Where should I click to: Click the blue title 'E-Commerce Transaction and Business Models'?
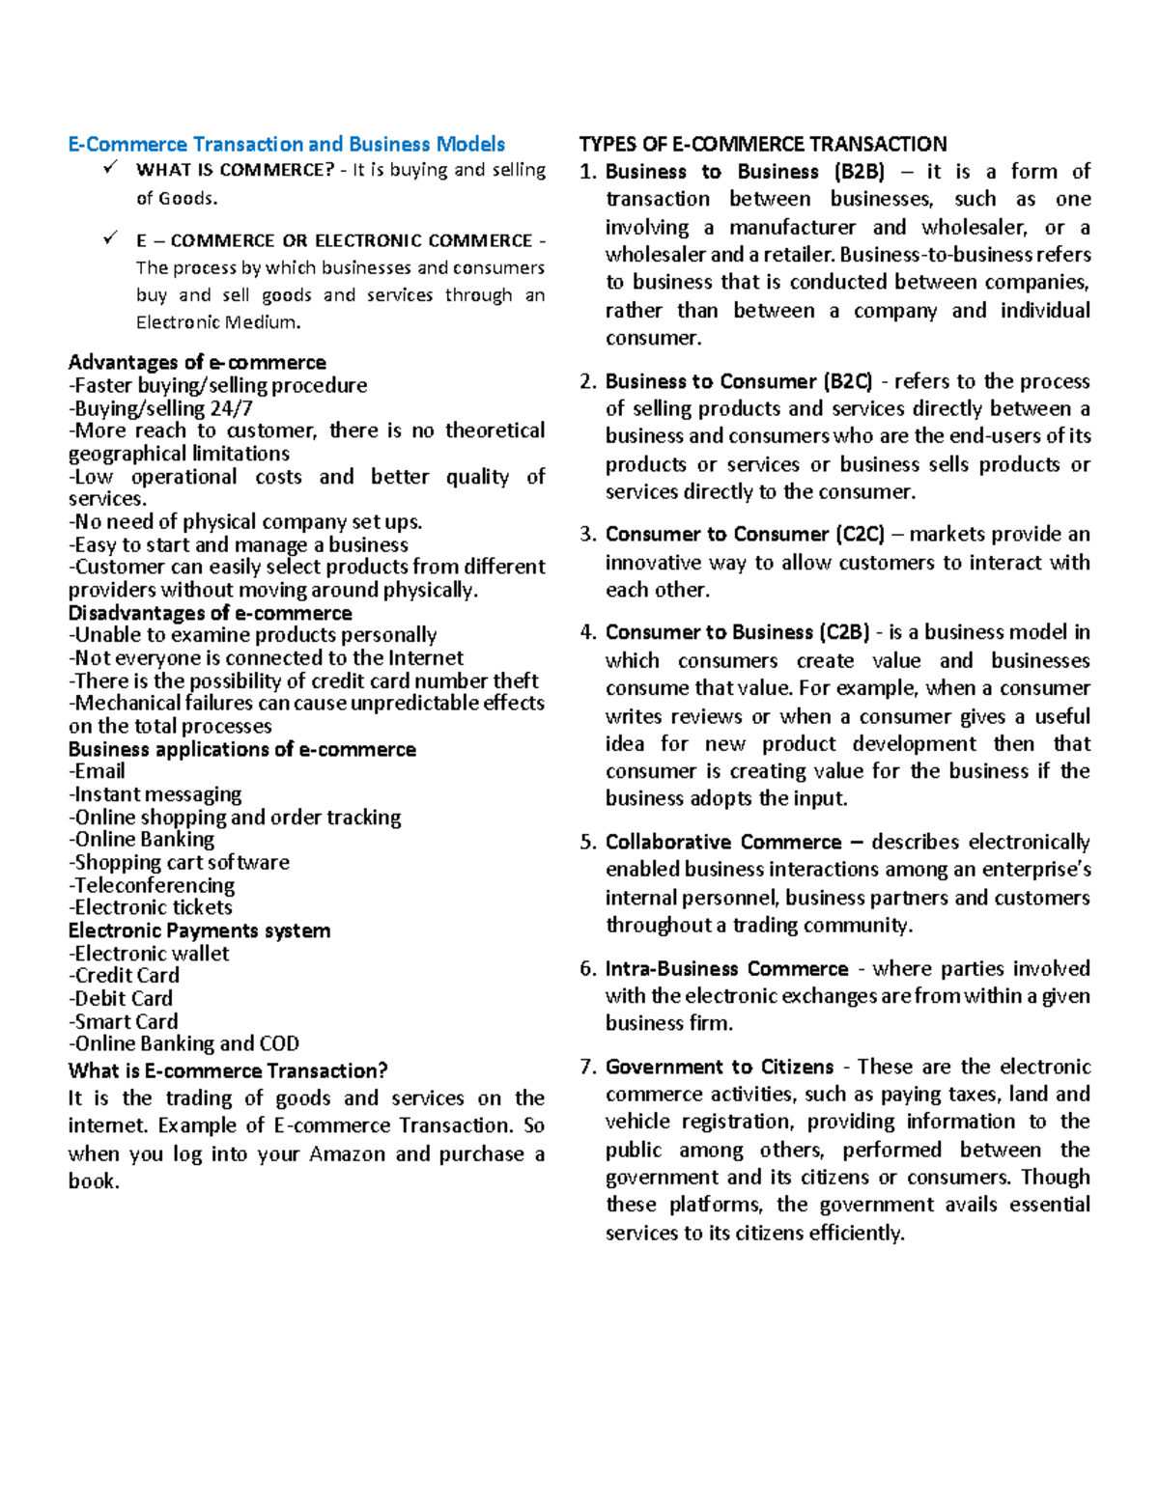tap(286, 145)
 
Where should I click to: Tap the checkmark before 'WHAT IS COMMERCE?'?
tap(110, 168)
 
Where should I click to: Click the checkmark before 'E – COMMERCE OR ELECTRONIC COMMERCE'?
tap(110, 237)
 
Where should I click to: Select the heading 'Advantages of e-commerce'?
tap(197, 363)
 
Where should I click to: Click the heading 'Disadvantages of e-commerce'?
tap(210, 614)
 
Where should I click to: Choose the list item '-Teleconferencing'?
tap(152, 885)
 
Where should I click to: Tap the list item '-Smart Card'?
tap(124, 1021)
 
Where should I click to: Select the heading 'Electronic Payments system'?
tap(199, 931)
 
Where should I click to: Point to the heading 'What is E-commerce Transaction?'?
tap(228, 1071)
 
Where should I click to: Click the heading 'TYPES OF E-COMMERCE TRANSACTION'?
tap(762, 145)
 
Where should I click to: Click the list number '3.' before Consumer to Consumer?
tap(588, 535)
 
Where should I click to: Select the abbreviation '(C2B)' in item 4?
tap(845, 633)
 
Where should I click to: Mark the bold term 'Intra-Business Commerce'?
tap(726, 969)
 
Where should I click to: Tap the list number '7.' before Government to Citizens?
tap(588, 1068)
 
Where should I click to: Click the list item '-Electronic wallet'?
tap(149, 954)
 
